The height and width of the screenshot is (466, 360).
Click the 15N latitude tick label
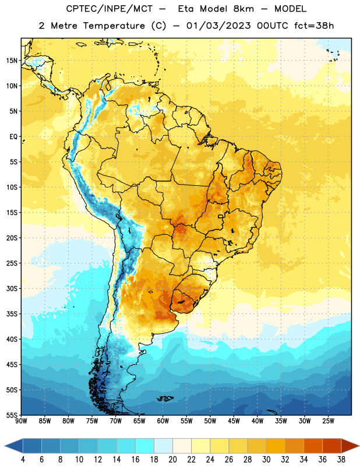pos(12,61)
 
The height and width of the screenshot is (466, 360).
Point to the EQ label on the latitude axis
pos(13,137)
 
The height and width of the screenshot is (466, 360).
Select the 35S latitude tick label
pos(12,314)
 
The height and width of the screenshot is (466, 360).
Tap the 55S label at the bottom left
pos(12,415)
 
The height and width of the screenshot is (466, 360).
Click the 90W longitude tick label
pos(22,421)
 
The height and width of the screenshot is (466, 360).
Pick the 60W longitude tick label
pos(163,421)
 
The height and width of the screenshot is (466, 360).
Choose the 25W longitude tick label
pos(328,421)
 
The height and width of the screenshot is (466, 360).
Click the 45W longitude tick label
pos(234,421)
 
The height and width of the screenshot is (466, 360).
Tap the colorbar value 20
pos(172,460)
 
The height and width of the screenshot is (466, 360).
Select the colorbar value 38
pos(341,460)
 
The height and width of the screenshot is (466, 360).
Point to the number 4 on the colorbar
pos(23,460)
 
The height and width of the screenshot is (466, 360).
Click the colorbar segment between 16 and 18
pos(144,446)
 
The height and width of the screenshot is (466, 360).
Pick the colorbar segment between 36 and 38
pos(332,446)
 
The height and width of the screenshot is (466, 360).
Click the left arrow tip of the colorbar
pos(5,446)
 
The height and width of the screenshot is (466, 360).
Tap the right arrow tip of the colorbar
pos(359,446)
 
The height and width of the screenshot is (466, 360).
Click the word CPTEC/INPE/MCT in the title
pos(109,9)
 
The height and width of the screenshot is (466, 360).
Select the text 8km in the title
pos(243,9)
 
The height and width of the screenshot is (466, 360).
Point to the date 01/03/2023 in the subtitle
pos(218,26)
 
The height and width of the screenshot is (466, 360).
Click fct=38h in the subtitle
pos(314,26)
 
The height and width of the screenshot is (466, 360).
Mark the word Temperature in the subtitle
pos(114,26)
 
